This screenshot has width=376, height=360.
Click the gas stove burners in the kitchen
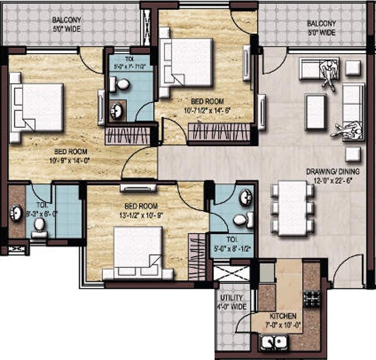click(313, 299)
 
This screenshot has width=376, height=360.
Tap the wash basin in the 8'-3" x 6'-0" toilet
click(17, 213)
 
